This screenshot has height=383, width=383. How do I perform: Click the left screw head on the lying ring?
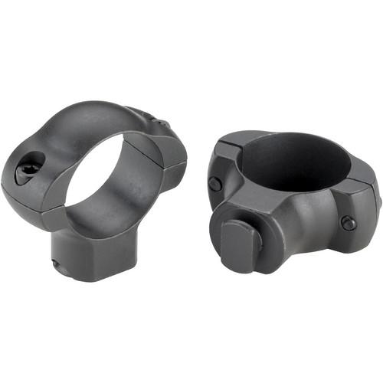coord(215,185)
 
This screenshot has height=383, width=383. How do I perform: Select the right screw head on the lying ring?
coord(349,223)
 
